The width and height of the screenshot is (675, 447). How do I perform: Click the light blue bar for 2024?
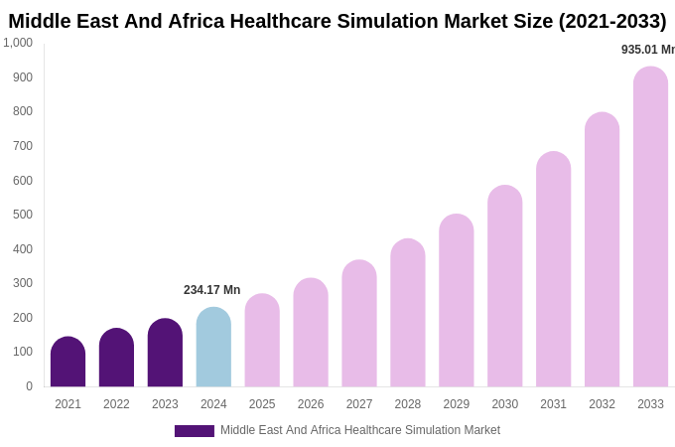pyautogui.click(x=213, y=348)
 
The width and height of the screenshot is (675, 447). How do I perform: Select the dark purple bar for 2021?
pyautogui.click(x=67, y=363)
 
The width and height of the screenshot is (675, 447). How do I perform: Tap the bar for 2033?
pyautogui.click(x=650, y=228)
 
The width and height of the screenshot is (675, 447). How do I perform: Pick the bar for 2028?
pyautogui.click(x=408, y=313)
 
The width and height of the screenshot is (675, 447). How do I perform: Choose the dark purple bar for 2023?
pyautogui.click(x=165, y=353)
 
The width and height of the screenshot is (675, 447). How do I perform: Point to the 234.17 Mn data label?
pyautogui.click(x=211, y=290)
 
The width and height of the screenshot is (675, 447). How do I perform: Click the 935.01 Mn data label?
pyautogui.click(x=647, y=50)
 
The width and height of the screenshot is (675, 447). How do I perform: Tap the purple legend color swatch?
pyautogui.click(x=194, y=431)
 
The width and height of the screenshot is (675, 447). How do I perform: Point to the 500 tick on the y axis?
pyautogui.click(x=22, y=215)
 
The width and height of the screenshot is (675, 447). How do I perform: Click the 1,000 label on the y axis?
pyautogui.click(x=18, y=43)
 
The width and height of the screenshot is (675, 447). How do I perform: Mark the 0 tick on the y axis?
pyautogui.click(x=29, y=386)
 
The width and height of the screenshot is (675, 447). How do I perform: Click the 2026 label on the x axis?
pyautogui.click(x=311, y=404)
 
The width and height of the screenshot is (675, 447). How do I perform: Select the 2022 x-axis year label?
pyautogui.click(x=116, y=404)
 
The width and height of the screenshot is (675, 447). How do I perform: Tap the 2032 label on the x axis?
pyautogui.click(x=602, y=404)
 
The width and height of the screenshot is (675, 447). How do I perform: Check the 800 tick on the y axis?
pyautogui.click(x=22, y=111)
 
